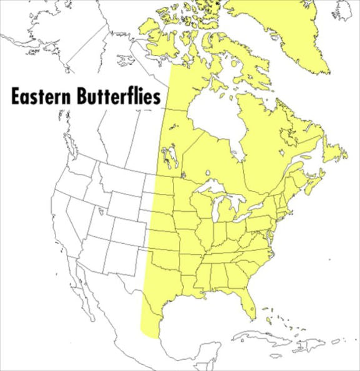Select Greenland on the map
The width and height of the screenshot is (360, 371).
pos(281,31)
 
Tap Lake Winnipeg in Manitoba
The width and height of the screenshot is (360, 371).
pos(166,153)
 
